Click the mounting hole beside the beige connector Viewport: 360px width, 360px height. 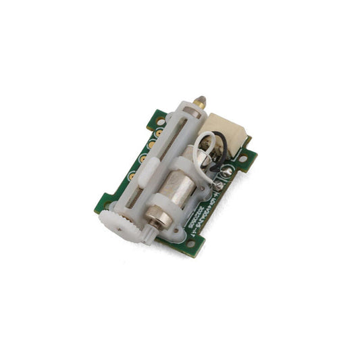[242, 159]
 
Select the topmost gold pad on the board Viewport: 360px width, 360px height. [156, 134]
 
